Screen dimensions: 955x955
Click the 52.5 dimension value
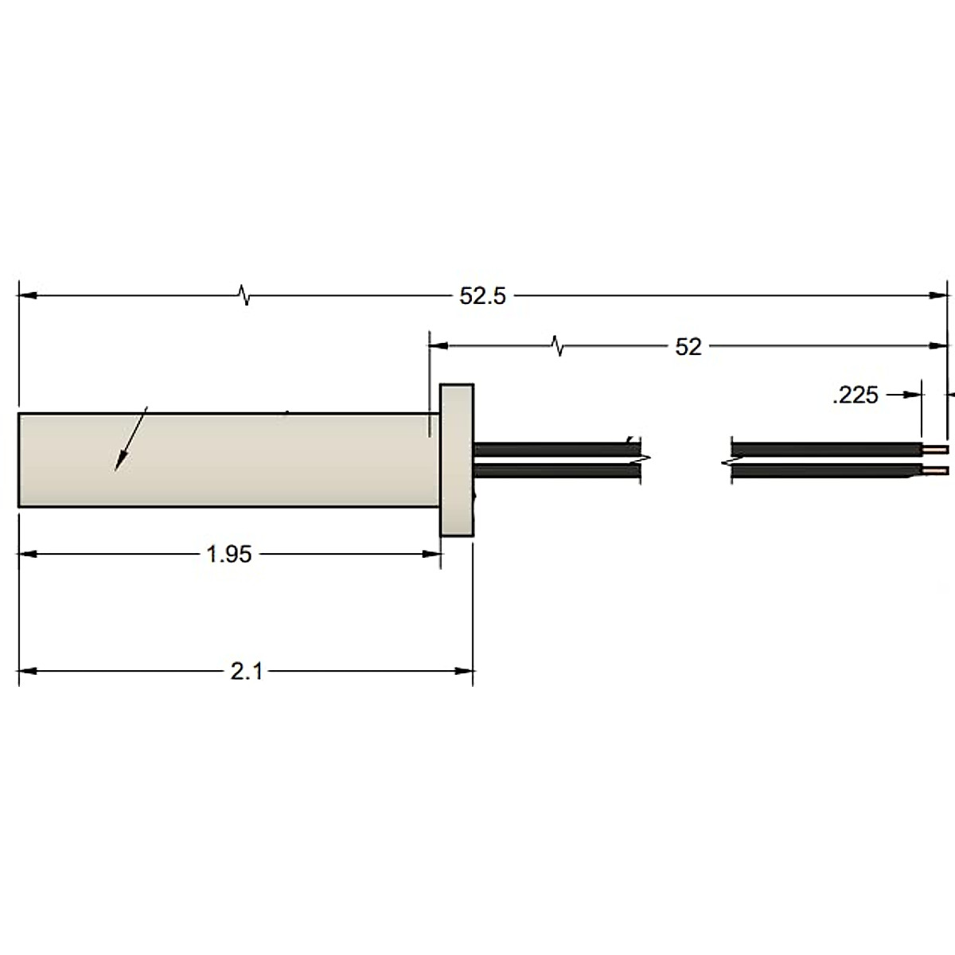482,296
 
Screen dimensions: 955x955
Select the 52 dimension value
688,347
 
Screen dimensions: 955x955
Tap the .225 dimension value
856,395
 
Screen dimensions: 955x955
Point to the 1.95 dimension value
229,554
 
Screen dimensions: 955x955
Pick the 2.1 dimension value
246,672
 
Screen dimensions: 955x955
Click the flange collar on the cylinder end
457,460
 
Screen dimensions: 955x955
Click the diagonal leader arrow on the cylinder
131,438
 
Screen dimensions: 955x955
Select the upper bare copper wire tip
936,450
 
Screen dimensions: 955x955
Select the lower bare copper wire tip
936,470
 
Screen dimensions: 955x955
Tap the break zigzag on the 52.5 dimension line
244,295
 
